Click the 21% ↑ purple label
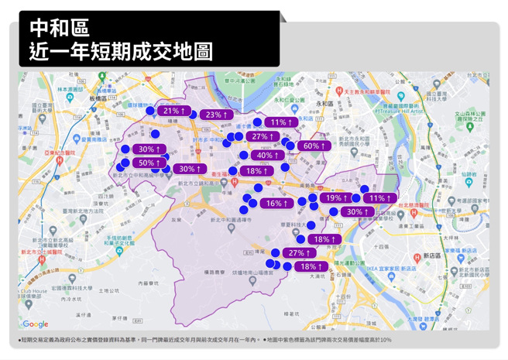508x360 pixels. click(173, 111)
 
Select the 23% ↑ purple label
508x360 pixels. click(216, 115)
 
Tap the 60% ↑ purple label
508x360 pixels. click(314, 146)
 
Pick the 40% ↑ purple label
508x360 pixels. click(267, 156)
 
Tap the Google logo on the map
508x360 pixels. click(35, 324)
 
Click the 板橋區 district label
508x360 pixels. click(101, 99)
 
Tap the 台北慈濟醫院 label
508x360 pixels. click(410, 206)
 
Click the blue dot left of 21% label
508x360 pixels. click(150, 111)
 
